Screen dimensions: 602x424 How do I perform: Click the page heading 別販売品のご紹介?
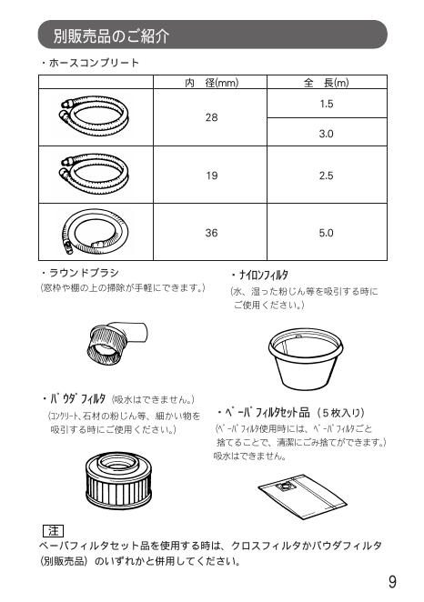click(x=111, y=36)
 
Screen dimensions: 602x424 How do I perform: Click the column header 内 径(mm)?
click(x=211, y=83)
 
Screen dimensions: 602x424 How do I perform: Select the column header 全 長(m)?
click(x=326, y=83)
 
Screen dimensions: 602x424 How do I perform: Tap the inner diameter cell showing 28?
click(x=211, y=118)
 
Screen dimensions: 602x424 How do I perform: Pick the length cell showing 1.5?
click(x=327, y=105)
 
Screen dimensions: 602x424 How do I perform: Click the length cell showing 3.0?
click(x=327, y=133)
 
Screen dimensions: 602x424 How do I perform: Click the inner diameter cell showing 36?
click(x=211, y=233)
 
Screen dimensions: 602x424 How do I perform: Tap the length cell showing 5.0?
click(x=327, y=233)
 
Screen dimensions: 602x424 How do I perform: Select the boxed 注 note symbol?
click(x=52, y=530)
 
